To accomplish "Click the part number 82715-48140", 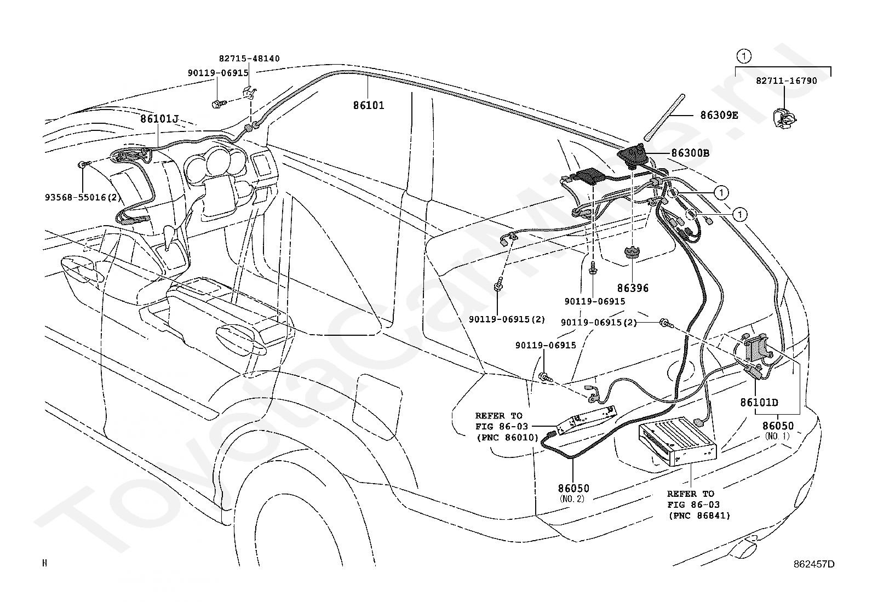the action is point(249,59).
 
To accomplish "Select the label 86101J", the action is point(159,119).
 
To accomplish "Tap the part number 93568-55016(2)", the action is point(83,197).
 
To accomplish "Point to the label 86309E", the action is point(719,115).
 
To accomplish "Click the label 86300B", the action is point(690,153).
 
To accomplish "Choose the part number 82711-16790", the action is point(787,81).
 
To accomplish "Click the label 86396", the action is point(633,288).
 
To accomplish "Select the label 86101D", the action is point(759,402).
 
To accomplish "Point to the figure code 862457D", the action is point(814,564).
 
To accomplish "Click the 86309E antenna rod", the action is point(664,117).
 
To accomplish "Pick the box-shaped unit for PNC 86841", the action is point(678,441).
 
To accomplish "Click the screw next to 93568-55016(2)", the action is point(84,164).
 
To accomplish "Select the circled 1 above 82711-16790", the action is point(744,57).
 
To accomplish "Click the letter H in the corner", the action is point(45,563).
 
